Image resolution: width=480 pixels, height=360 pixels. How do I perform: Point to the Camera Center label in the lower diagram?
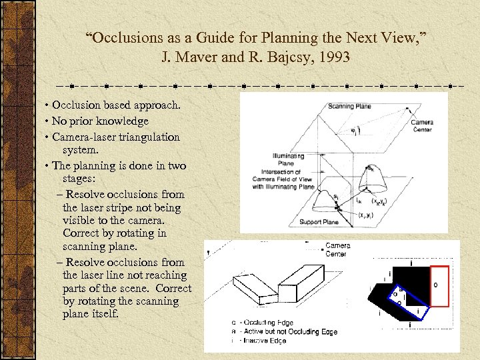point(337,249)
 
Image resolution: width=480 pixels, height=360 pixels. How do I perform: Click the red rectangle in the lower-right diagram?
point(439,285)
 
